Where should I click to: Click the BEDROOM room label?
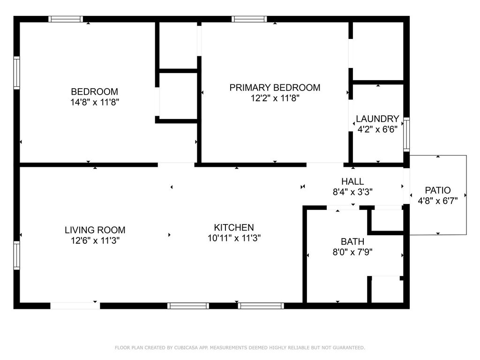click(94, 91)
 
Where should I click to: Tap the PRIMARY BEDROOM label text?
click(275, 88)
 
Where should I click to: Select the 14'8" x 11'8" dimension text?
click(95, 102)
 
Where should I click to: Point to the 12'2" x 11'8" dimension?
click(275, 98)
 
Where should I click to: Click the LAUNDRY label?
click(377, 119)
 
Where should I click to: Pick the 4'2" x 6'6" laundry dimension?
click(377, 129)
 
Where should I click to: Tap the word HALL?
click(352, 181)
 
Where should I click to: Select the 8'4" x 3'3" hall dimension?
click(352, 192)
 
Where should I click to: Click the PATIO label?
click(438, 190)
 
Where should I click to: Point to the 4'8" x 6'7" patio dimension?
click(438, 201)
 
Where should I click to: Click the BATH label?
click(352, 241)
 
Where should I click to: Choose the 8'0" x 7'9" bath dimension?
click(352, 252)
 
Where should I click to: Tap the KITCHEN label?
click(234, 227)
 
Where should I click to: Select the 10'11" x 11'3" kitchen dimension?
click(234, 238)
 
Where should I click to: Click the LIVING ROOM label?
click(95, 230)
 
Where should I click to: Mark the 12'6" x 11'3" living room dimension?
click(95, 240)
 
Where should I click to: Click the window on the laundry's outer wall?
click(406, 135)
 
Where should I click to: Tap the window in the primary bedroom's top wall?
click(249, 19)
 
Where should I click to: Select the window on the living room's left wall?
click(16, 255)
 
